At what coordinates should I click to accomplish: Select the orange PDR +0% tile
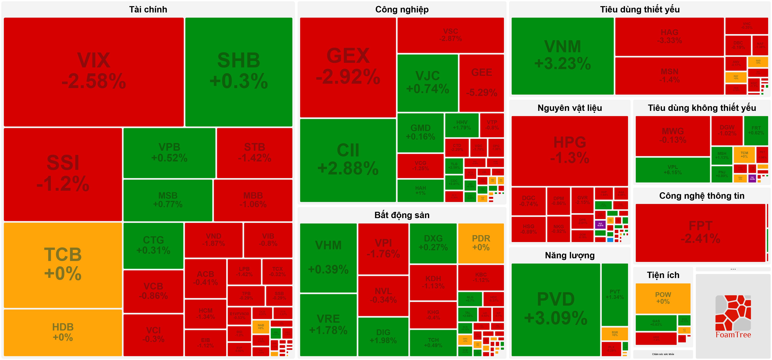481,243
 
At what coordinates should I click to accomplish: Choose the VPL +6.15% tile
672,170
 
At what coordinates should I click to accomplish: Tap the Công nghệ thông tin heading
702,196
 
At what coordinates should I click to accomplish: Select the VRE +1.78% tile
328,325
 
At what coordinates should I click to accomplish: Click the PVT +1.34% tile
614,294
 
